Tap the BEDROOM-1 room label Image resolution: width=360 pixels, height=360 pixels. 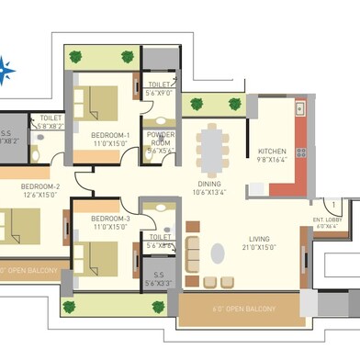pos(110,135)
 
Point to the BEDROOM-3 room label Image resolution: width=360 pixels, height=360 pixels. pos(110,218)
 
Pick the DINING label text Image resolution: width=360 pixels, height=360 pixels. pos(210,183)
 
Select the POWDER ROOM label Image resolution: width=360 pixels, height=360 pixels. pos(160,139)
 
